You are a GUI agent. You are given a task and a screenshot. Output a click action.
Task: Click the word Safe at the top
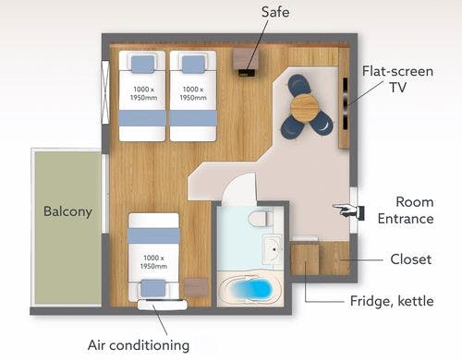(275, 12)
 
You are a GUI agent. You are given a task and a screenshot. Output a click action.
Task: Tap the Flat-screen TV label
(397, 79)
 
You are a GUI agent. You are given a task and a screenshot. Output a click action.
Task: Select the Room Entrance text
(406, 210)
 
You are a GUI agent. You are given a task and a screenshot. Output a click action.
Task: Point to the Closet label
(411, 259)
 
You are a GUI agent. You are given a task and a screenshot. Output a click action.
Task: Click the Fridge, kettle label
(392, 301)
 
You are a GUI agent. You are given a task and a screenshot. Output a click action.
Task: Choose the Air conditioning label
(139, 345)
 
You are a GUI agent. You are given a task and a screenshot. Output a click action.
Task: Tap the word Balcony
(67, 211)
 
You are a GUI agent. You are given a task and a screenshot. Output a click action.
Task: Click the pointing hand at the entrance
(348, 211)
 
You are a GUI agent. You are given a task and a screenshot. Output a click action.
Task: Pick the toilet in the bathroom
(261, 219)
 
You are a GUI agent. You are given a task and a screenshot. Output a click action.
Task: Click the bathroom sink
(274, 249)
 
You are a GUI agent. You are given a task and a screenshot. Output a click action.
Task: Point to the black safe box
(247, 73)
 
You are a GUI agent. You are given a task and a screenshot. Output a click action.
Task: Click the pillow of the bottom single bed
(153, 288)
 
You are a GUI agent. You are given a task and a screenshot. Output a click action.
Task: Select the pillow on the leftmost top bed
(142, 64)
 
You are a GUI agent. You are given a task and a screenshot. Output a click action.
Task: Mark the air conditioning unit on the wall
(163, 305)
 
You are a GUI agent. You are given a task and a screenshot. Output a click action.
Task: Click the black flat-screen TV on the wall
(346, 103)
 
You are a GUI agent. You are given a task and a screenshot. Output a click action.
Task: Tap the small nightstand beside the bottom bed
(196, 287)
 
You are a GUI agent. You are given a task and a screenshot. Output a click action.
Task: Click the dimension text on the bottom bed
(153, 262)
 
